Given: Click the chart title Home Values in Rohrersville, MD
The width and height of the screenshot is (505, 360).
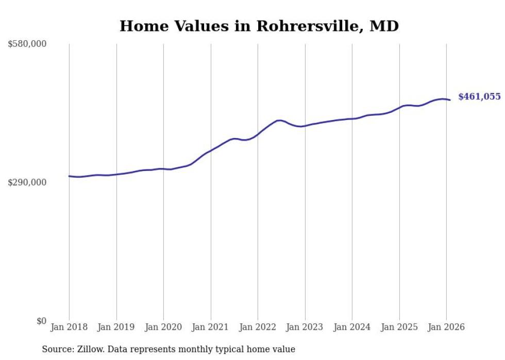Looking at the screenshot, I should pos(259,26).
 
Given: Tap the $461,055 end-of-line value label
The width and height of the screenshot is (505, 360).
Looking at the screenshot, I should pos(479,97).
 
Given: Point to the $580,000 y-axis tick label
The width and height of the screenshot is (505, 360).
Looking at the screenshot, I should pos(27,44).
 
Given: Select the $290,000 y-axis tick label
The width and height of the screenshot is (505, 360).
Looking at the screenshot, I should pos(27,183).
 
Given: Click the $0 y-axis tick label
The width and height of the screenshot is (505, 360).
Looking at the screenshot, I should pos(41,321).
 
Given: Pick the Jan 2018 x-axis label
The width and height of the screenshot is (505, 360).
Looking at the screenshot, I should pos(69,327).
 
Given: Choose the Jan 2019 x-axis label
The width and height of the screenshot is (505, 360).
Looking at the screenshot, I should pos(116,327).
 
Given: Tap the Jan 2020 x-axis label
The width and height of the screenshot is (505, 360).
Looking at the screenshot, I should pos(163,327).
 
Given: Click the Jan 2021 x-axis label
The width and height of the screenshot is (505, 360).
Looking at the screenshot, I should pos(211,327).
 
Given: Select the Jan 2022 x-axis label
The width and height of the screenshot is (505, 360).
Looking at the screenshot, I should pos(258,327).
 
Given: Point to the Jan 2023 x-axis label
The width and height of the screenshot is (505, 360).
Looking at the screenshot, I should pos(305,327).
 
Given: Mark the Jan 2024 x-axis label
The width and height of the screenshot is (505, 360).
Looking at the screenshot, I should pos(352,327).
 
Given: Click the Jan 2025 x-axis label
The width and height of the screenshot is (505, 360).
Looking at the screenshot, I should pos(399,327).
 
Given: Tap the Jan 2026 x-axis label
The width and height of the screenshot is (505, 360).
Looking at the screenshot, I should pos(446,327).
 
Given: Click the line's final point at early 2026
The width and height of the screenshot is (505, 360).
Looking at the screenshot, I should pos(450,100).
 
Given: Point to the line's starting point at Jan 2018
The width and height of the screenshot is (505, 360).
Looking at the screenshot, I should pos(69,176).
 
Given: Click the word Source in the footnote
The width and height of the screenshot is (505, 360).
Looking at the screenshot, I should pos(56,349).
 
